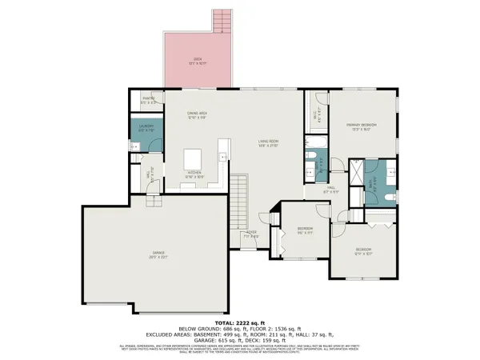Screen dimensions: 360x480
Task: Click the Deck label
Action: (198, 59)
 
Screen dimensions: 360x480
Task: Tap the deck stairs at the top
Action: (221, 21)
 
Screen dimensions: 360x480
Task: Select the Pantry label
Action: (148, 101)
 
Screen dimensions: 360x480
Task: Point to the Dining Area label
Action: (198, 115)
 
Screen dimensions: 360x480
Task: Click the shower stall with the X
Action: (349, 170)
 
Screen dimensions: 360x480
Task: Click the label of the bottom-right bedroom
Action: (364, 252)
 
